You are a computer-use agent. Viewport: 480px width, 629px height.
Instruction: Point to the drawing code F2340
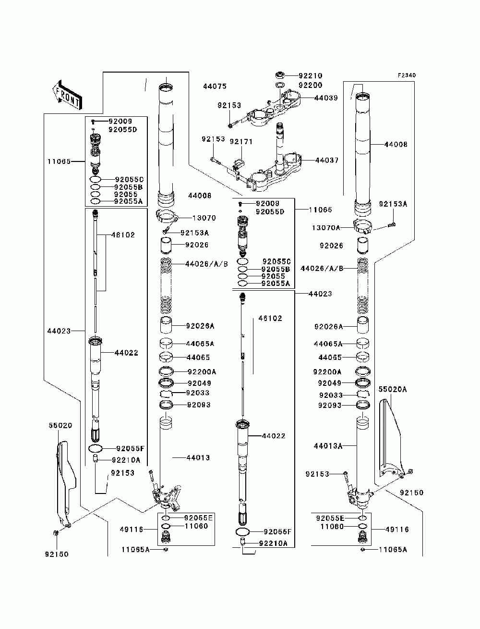pos(406,75)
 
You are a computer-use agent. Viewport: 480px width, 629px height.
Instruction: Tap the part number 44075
pos(215,86)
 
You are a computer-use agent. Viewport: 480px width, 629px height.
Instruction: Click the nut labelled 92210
pos(280,75)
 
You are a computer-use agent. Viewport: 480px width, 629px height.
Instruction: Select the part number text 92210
pos(311,75)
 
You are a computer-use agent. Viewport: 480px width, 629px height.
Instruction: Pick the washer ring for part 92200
pos(280,85)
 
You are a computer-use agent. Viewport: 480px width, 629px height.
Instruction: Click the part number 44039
pos(326,98)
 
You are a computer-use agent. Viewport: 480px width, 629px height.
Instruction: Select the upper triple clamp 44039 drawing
pos(274,108)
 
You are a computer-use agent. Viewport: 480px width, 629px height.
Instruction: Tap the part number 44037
pos(327,160)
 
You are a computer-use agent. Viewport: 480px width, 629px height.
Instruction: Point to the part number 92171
pos(241,142)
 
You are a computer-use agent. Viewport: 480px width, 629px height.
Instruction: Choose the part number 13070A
pos(326,228)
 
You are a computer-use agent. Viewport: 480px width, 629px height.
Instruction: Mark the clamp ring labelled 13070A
pos(363,226)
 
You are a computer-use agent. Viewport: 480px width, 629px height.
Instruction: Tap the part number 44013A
pos(328,446)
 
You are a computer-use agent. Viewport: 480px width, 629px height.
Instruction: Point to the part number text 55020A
pos(393,389)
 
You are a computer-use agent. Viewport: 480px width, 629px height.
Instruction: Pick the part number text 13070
pos(204,218)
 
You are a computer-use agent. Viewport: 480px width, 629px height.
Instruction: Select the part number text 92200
pos(311,85)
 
